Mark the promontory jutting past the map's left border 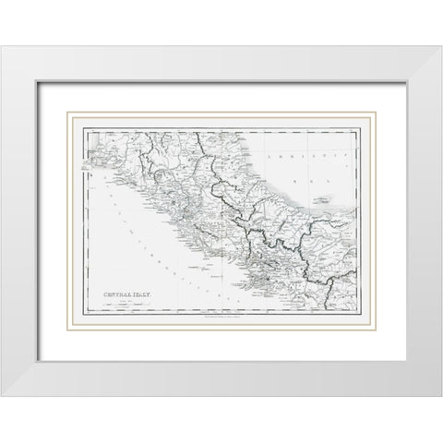point(86,173)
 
